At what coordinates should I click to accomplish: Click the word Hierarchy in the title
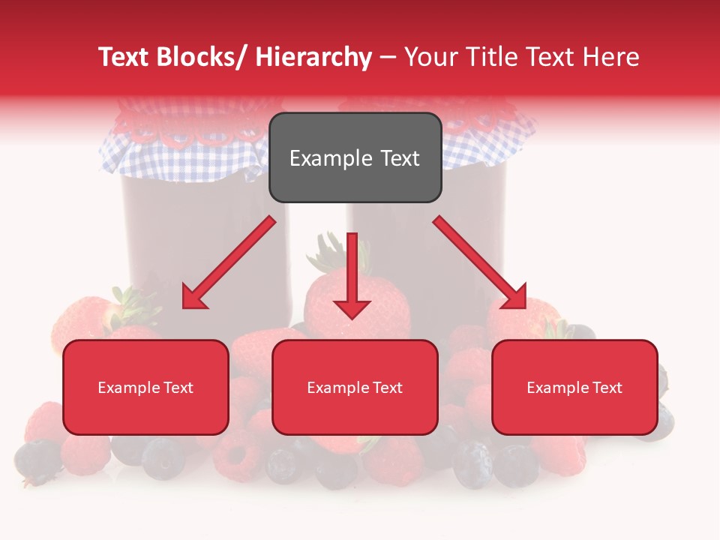(x=313, y=57)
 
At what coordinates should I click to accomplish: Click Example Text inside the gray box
(x=355, y=158)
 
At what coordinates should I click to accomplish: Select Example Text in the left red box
(x=145, y=388)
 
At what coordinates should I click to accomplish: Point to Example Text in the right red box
(x=574, y=388)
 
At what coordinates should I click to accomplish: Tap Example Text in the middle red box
(x=355, y=388)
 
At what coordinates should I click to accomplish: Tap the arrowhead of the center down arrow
(x=352, y=307)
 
